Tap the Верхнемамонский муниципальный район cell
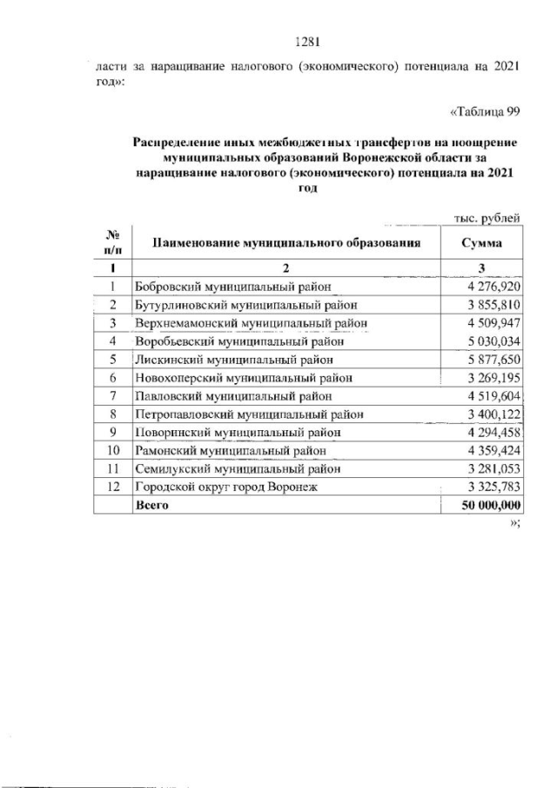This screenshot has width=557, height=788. [248, 322]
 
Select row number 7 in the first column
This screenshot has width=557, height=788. [112, 395]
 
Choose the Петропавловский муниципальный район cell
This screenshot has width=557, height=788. [248, 414]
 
